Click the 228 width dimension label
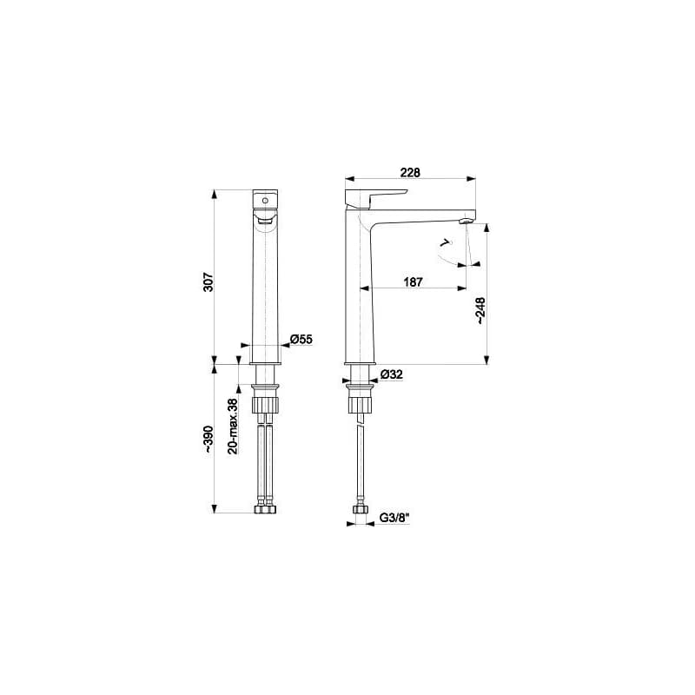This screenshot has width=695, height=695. click(410, 172)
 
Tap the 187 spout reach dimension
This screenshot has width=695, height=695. click(414, 281)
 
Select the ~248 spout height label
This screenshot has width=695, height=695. click(480, 311)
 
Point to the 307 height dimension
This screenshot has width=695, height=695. click(208, 281)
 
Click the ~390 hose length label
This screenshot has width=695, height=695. click(208, 440)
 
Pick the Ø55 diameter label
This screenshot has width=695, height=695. click(301, 340)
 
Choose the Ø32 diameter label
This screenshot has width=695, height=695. click(392, 374)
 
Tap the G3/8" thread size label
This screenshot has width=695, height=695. click(394, 518)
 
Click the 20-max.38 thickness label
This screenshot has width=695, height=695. click(233, 426)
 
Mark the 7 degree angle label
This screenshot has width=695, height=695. click(445, 242)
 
